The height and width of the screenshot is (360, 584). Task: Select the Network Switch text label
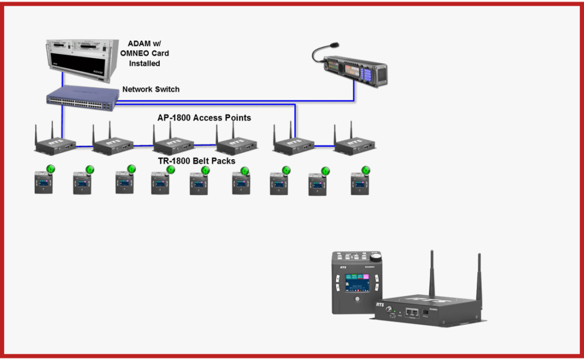(151, 90)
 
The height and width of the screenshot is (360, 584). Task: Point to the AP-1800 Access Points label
(204, 118)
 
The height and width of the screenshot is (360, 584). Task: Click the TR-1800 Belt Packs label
(197, 161)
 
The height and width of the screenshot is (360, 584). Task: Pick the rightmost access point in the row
(355, 145)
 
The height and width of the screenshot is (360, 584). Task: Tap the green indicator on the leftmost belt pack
(50, 169)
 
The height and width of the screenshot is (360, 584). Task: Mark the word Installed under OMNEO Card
(144, 63)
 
